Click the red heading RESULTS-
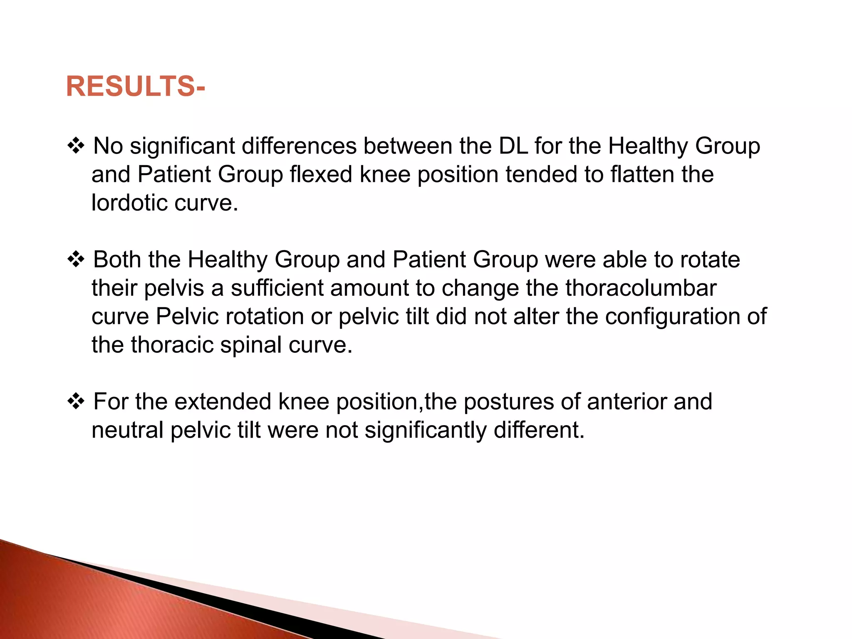pos(135,87)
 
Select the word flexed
pos(321,174)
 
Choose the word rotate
pos(710,260)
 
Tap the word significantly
pos(425,430)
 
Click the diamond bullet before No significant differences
pos(76,146)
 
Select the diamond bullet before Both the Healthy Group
pos(76,260)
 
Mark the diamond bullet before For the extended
pos(76,402)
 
